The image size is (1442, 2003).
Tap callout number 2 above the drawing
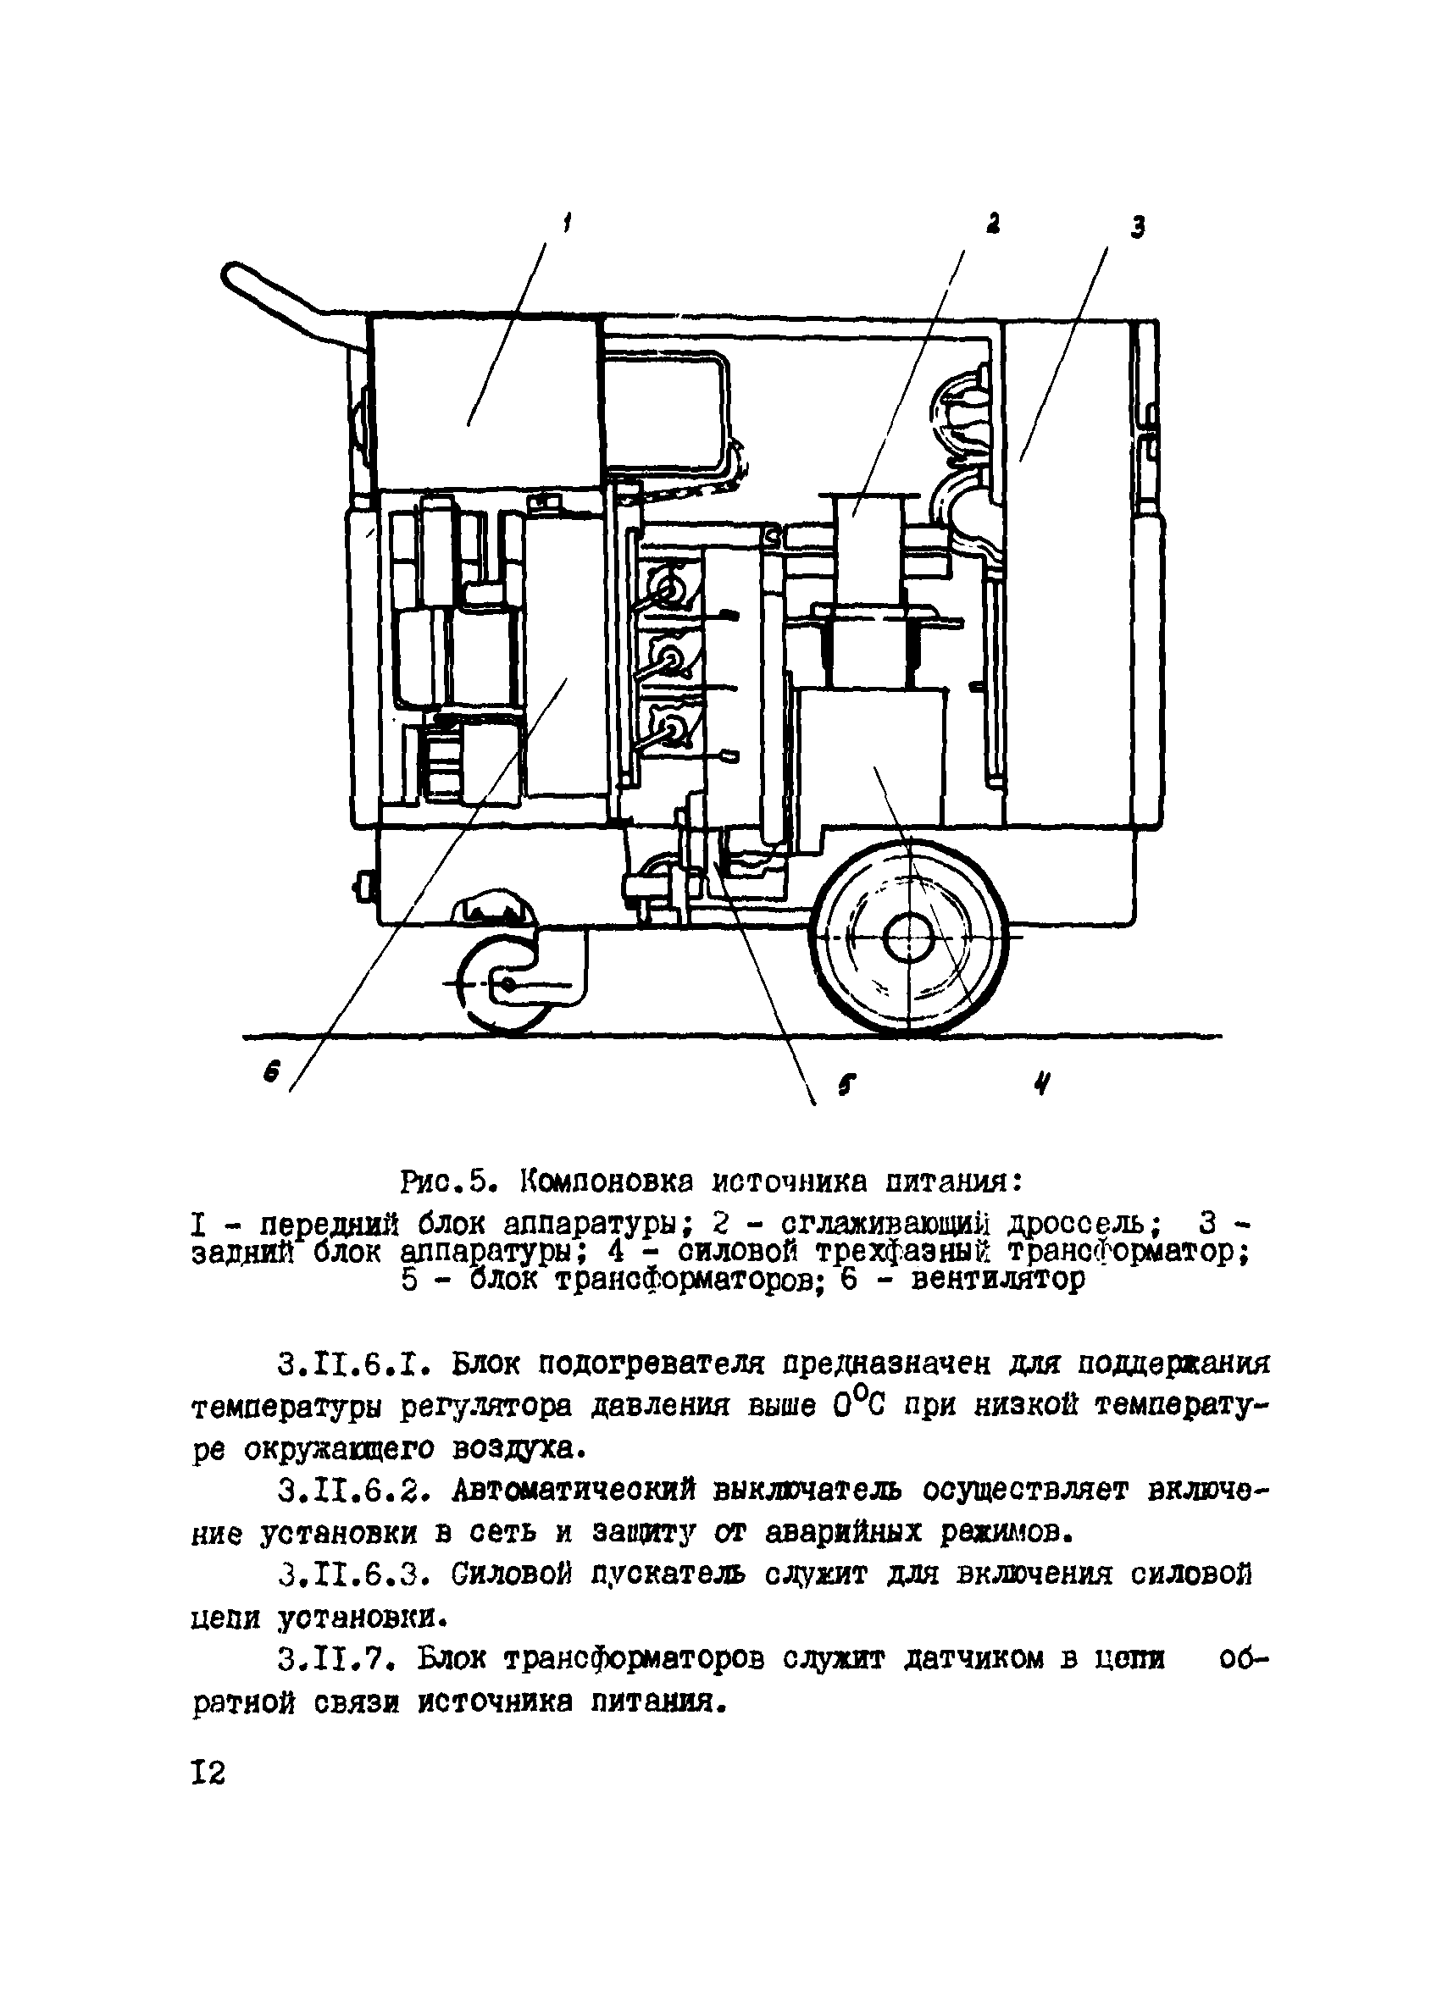point(993,224)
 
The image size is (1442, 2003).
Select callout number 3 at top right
point(1137,227)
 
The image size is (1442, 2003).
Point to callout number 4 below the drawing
point(1044,1082)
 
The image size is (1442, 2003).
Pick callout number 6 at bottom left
point(270,1073)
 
